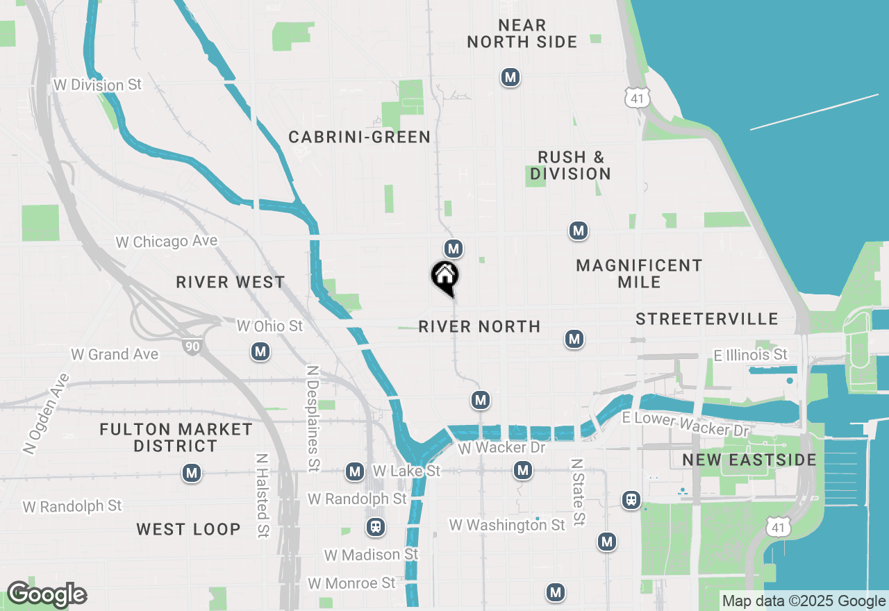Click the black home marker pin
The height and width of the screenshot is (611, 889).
coord(444,277)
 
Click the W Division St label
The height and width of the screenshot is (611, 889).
coord(98,85)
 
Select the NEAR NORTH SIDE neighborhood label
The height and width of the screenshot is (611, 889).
coord(522,34)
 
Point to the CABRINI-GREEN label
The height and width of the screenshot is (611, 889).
coord(360,137)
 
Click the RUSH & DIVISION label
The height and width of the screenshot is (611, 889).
coord(570,165)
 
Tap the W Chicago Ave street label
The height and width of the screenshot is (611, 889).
coord(167,242)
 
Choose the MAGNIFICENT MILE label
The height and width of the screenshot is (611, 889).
coord(639,274)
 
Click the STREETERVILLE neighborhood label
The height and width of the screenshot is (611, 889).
coord(707,319)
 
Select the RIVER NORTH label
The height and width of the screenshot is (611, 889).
coord(479,326)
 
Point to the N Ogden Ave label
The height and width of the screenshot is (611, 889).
coord(47,414)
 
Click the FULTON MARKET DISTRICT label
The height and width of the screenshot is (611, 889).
coord(176,437)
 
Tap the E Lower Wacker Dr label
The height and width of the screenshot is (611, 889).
coord(686,424)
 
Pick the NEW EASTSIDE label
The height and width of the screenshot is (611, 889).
coord(739,460)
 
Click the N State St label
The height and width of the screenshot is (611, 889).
coord(578,491)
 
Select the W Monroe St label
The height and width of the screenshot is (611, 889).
coord(351,583)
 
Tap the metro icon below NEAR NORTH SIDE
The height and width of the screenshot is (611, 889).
coord(510,77)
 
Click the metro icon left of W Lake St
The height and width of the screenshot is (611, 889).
coord(355,472)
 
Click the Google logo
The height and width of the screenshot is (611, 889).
coord(46,594)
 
